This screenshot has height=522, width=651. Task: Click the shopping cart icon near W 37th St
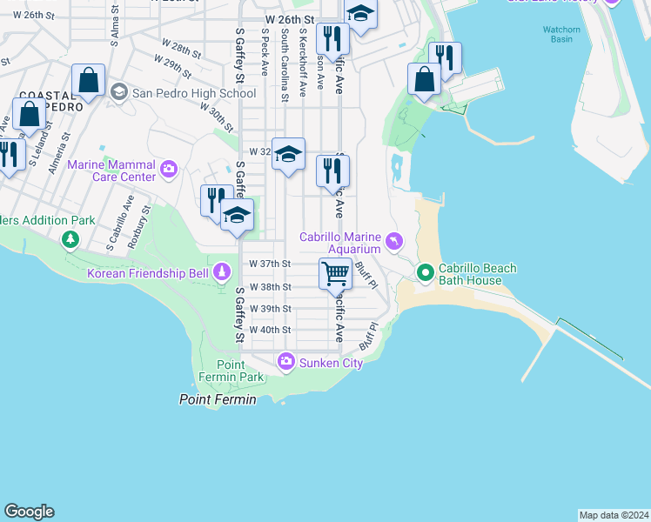[335, 273]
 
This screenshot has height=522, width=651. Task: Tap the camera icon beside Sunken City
[285, 361]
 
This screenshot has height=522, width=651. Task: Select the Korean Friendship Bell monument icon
[223, 274]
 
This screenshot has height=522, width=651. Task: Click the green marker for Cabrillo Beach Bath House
[426, 274]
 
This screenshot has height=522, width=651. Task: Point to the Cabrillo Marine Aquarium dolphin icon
[396, 241]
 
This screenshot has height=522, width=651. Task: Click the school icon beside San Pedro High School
[118, 91]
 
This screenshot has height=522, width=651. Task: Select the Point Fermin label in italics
[218, 399]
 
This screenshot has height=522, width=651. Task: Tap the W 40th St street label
[270, 331]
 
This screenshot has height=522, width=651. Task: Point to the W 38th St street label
[270, 286]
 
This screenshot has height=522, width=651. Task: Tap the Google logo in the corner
[29, 512]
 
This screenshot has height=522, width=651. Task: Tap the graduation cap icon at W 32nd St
[288, 156]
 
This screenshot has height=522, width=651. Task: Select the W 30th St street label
[218, 118]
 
